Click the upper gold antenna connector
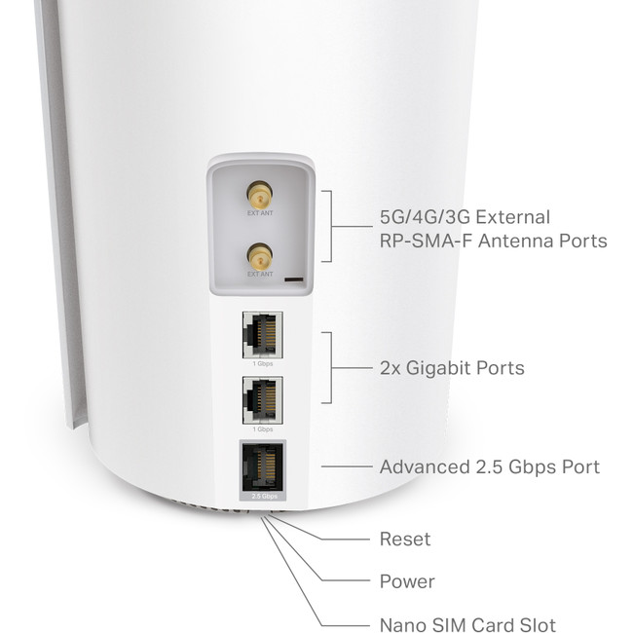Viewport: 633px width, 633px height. pos(259,191)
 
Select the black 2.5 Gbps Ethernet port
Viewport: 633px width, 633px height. pos(260,466)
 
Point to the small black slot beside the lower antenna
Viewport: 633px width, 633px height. pos(292,279)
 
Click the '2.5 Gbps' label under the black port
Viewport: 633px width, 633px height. pos(260,497)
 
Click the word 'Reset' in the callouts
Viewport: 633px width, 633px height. pos(404,539)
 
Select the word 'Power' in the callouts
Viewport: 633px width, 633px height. pos(407,582)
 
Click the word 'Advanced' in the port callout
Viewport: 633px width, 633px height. pos(424,467)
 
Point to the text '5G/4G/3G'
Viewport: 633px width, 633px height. pos(421,216)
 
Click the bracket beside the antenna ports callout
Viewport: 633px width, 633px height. pos(330,227)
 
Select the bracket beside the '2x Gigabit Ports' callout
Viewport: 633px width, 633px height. pos(330,367)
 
